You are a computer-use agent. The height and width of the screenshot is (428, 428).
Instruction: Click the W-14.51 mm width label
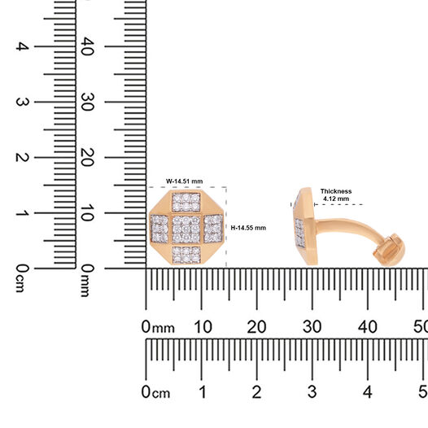(185, 181)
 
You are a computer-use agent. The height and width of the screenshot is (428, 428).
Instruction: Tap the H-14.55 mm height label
(248, 228)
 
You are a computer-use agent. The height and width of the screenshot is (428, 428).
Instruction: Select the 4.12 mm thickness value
(336, 199)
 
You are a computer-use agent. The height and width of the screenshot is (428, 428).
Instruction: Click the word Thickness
(336, 191)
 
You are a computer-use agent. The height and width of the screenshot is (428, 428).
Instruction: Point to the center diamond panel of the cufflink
(186, 229)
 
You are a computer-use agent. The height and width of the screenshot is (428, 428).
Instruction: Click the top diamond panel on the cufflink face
(186, 202)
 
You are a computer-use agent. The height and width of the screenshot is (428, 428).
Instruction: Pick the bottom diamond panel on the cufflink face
(186, 255)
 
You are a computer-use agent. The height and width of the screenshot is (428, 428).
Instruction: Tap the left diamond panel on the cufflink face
(159, 229)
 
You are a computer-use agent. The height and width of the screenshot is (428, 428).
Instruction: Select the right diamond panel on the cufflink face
(213, 229)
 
